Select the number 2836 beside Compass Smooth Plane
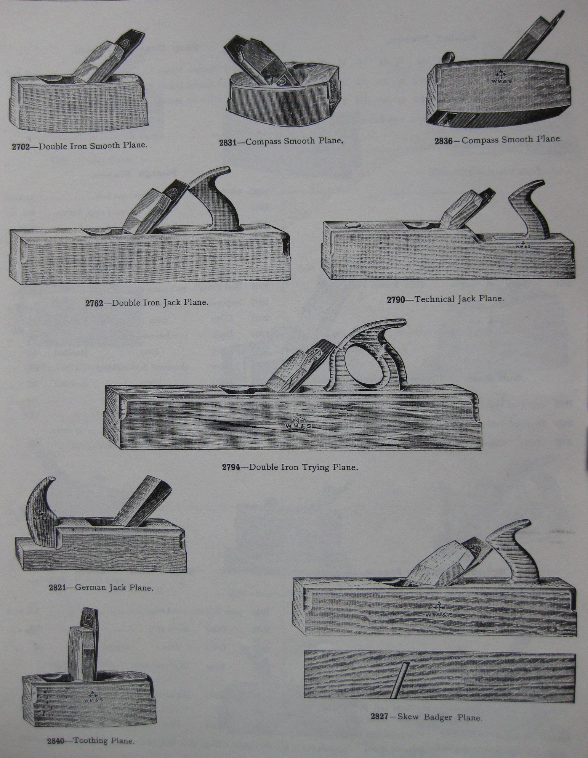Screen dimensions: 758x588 coord(443,141)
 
